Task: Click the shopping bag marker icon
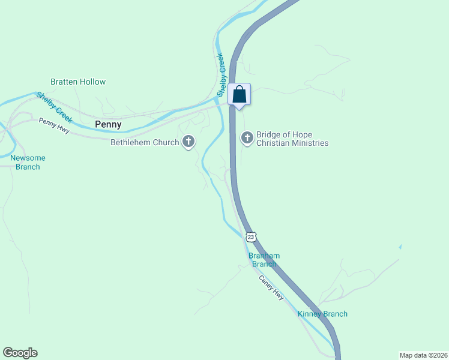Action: (x=239, y=95)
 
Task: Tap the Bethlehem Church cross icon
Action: (x=188, y=142)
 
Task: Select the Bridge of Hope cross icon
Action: (x=247, y=138)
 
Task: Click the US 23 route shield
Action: (x=251, y=236)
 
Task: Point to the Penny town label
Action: (x=108, y=125)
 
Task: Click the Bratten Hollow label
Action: (x=78, y=82)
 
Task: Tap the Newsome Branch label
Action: (x=28, y=162)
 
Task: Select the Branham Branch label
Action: (x=264, y=260)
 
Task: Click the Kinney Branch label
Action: (x=322, y=314)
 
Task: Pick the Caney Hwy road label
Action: (x=271, y=287)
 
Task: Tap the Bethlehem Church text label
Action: (x=145, y=142)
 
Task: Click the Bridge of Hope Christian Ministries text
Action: (x=292, y=139)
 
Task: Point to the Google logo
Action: (x=20, y=353)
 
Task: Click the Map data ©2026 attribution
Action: (x=423, y=355)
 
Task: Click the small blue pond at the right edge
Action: (x=400, y=246)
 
